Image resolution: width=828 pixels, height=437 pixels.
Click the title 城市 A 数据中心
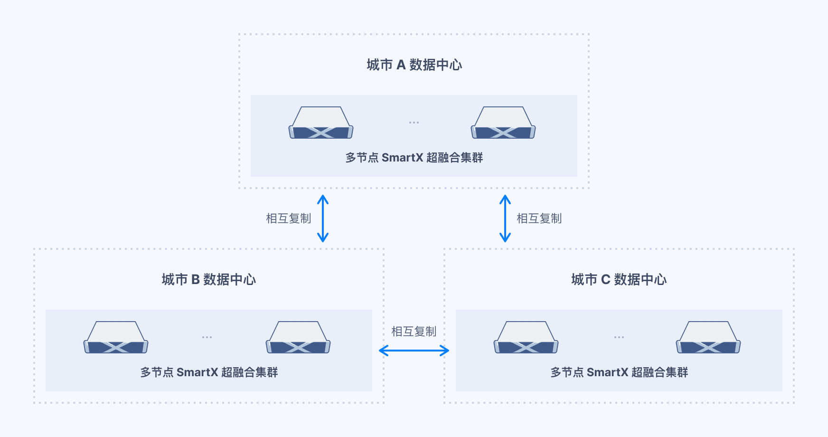(x=414, y=65)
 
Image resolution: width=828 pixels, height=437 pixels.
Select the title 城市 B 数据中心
(x=209, y=279)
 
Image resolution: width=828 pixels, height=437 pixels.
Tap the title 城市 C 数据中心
(x=619, y=279)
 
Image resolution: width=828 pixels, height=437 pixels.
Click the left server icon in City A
(x=321, y=123)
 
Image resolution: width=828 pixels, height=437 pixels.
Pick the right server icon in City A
(x=503, y=123)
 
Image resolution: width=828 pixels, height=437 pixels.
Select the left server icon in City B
(x=116, y=337)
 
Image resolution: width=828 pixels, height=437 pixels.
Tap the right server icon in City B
(x=298, y=337)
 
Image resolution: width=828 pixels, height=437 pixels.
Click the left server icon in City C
(x=526, y=337)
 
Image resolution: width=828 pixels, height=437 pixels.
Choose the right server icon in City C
(x=708, y=337)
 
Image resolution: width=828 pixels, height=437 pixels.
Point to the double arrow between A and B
(x=323, y=218)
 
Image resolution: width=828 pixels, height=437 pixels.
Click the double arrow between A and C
(x=505, y=218)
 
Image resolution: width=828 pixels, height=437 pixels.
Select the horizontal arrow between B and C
(x=414, y=351)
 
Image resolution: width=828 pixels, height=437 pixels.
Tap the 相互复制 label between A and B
(x=289, y=218)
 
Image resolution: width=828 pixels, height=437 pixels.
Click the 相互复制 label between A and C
(x=539, y=218)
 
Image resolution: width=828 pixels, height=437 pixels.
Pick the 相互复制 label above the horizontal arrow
(x=414, y=332)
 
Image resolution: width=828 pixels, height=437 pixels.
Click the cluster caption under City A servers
(x=414, y=158)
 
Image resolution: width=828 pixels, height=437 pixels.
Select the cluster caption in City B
(x=209, y=372)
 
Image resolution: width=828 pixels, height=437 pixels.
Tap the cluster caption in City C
(x=619, y=372)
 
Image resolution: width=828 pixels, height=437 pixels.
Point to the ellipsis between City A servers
(x=414, y=123)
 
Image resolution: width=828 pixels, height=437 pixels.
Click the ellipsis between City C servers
(x=619, y=337)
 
